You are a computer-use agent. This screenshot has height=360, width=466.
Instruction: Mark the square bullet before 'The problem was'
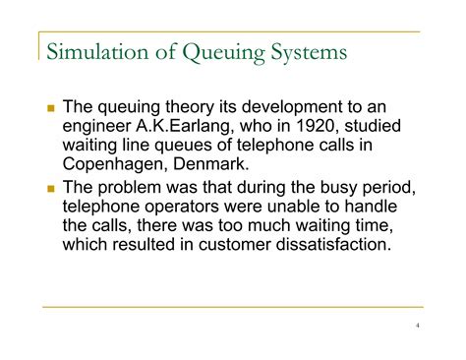click(x=51, y=187)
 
